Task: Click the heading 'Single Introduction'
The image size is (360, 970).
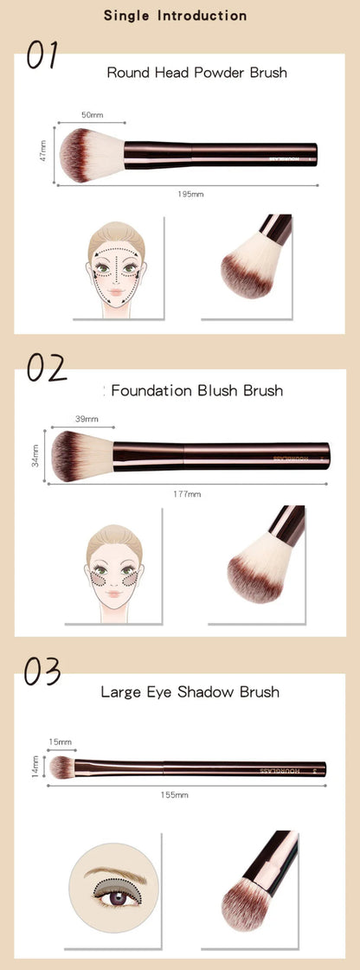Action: [x=175, y=16]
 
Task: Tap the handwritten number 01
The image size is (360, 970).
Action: [x=41, y=56]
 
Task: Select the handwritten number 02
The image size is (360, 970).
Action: [x=46, y=367]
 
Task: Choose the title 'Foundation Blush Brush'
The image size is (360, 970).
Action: [x=195, y=390]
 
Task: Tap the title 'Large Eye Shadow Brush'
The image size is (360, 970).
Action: [x=190, y=691]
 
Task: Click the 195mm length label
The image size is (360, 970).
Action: [x=190, y=193]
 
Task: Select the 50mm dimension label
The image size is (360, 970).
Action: [x=92, y=114]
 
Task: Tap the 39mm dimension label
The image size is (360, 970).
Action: [x=87, y=419]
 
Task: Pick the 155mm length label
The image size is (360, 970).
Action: [x=175, y=793]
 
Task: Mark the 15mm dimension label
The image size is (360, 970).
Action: [x=61, y=742]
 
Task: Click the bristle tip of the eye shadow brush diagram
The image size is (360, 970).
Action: [x=61, y=766]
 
